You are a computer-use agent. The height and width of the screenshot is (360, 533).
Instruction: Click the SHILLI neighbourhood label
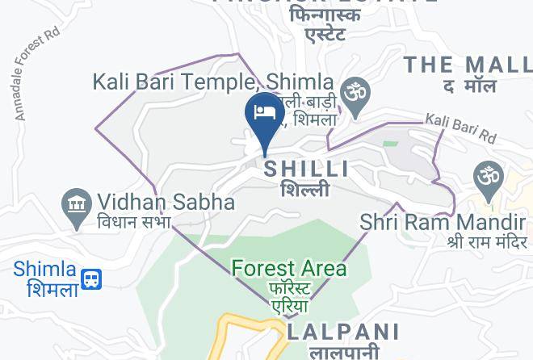[x=307, y=169]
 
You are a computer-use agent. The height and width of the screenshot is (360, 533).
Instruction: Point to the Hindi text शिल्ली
[x=305, y=190]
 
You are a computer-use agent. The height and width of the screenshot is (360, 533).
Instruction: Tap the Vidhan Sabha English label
[x=166, y=202]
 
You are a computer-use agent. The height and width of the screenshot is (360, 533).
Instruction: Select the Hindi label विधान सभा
[x=135, y=222]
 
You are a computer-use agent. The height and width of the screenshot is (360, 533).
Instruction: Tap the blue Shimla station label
[x=44, y=270]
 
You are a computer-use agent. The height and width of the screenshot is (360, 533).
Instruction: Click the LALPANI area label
[x=343, y=332]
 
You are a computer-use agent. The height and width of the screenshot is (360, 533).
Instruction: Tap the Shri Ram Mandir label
[x=443, y=221]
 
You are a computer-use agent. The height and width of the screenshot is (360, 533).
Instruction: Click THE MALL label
[x=467, y=65]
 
